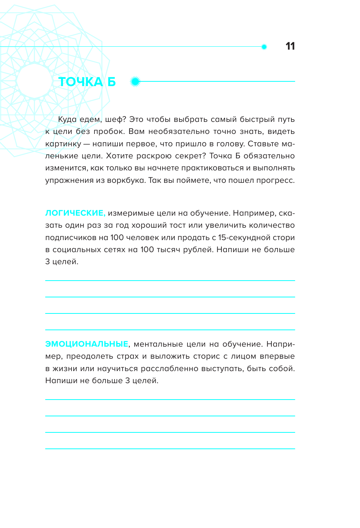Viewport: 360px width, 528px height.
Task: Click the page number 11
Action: [290, 46]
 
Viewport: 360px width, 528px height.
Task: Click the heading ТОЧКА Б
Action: [87, 82]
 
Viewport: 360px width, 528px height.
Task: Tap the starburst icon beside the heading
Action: [135, 82]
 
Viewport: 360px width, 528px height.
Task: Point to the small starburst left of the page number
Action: [264, 47]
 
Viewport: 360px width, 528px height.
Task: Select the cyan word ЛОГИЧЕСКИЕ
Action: [75, 213]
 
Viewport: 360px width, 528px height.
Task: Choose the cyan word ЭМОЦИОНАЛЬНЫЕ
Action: [87, 344]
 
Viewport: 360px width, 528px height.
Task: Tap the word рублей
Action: [198, 250]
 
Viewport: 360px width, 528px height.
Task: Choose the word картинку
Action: [63, 144]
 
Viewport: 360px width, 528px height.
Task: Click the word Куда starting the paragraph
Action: [67, 120]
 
